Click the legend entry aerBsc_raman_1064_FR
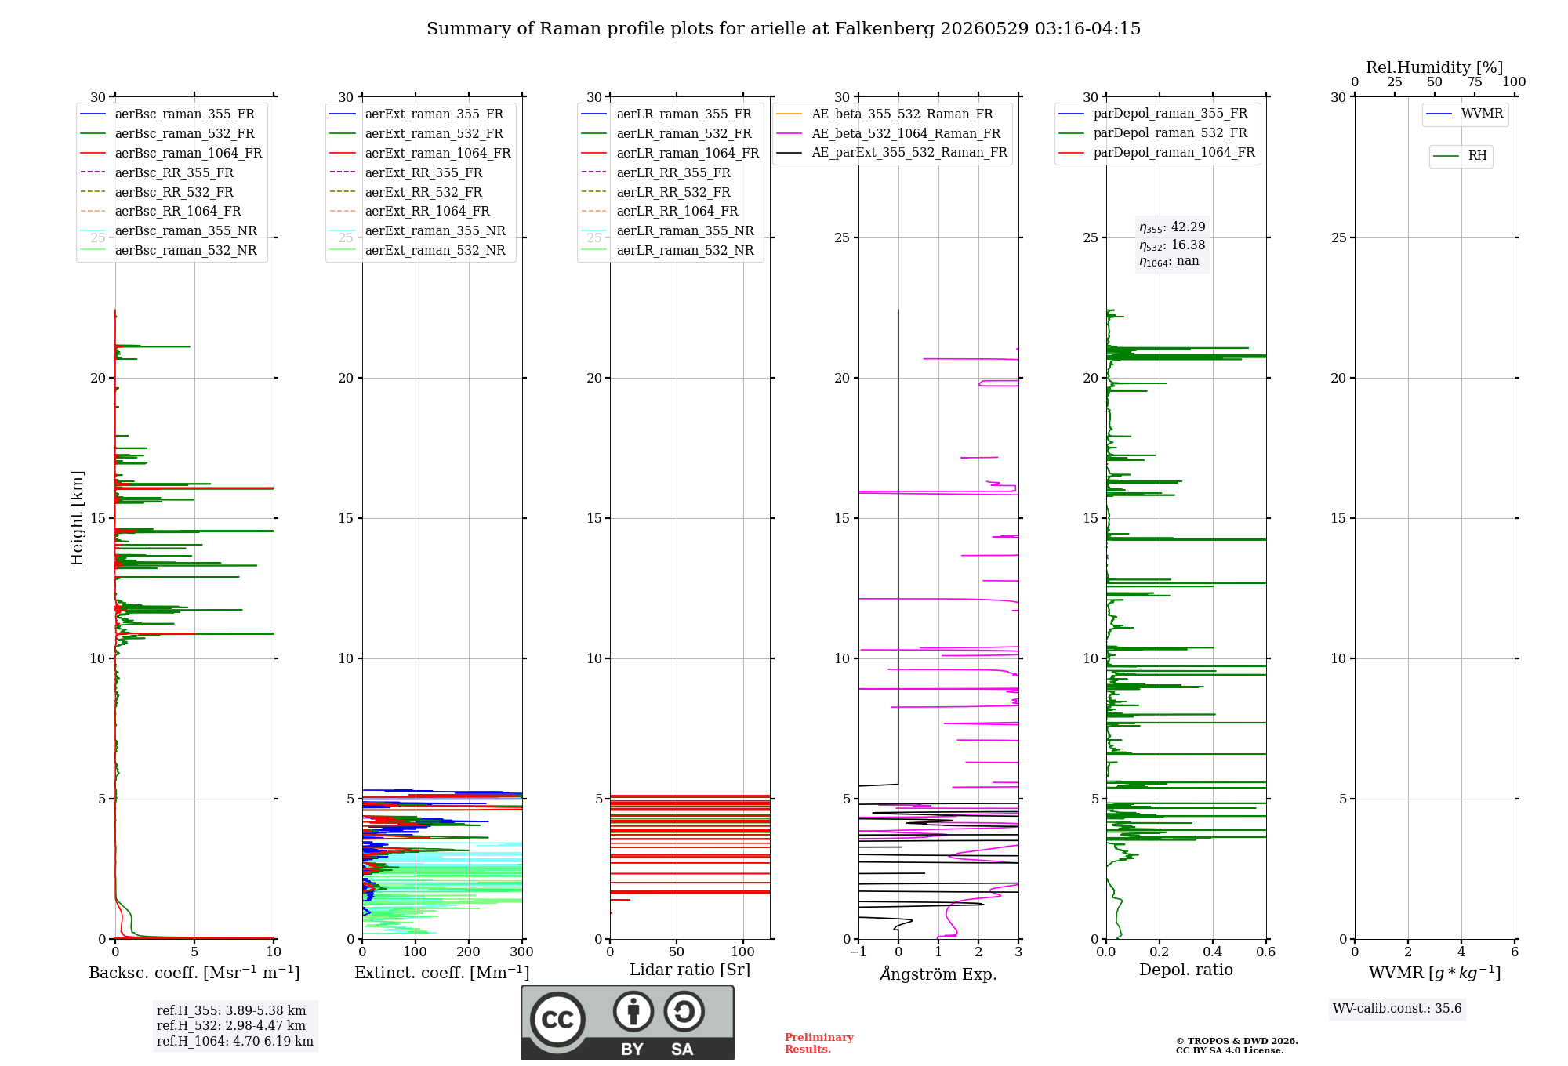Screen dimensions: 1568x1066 tap(171, 154)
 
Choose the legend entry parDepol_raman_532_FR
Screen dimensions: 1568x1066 tap(1153, 133)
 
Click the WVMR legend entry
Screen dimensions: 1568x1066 tap(1465, 114)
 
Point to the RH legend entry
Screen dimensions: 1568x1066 tap(1460, 156)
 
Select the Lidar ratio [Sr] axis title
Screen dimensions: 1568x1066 tap(690, 970)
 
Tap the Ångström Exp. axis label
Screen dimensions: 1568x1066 tap(938, 974)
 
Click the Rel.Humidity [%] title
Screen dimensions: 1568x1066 tap(1435, 67)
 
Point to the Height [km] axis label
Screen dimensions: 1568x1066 tap(77, 518)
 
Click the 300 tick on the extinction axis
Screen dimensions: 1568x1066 tap(522, 952)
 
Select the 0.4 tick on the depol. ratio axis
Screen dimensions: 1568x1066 tap(1213, 952)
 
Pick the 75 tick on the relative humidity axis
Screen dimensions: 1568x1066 tap(1475, 82)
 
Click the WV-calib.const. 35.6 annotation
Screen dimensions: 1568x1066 tap(1397, 1009)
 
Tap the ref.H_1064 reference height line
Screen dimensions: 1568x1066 tap(235, 1042)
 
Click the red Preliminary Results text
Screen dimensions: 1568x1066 tap(819, 1043)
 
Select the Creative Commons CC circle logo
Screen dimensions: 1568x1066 tap(557, 1020)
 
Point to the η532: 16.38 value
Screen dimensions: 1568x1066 tap(1172, 245)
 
